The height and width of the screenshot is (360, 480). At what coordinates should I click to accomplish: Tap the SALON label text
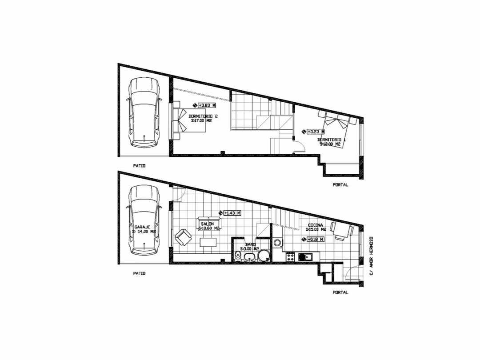[x=208, y=224]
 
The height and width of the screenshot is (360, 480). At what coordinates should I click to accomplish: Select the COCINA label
[x=314, y=225]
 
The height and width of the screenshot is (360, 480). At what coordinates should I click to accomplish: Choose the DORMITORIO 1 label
[x=332, y=140]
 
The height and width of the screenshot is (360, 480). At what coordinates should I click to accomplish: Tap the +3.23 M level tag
[x=315, y=132]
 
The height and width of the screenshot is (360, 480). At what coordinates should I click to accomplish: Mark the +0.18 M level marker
[x=314, y=239]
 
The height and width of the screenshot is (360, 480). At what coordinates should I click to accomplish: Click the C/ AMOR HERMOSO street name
[x=371, y=255]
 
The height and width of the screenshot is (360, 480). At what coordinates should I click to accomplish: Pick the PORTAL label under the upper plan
[x=340, y=185]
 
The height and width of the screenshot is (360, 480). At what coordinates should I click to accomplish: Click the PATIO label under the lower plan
[x=140, y=273]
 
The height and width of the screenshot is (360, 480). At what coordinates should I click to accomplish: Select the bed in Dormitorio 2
[x=191, y=120]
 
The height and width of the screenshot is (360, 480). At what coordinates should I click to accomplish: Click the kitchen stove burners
[x=290, y=256]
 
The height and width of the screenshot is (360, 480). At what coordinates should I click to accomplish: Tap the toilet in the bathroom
[x=239, y=256]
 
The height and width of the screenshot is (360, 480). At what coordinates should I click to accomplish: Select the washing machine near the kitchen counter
[x=278, y=243]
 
